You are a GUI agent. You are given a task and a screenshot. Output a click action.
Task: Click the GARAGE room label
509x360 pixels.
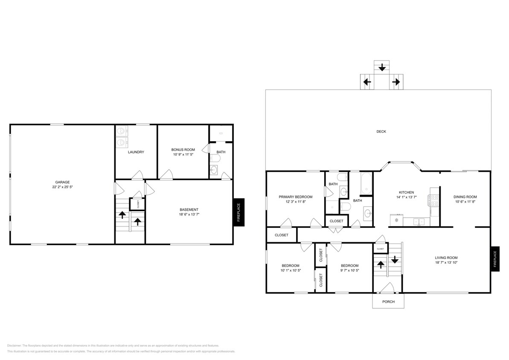[x=62, y=182]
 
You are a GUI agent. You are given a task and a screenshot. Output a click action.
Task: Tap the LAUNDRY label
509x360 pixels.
[x=136, y=152]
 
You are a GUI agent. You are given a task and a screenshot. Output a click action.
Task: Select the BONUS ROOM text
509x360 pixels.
[x=183, y=150]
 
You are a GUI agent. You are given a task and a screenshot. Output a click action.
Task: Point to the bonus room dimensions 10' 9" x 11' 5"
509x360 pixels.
[x=183, y=155]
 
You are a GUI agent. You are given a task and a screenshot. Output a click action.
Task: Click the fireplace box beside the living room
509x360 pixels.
[x=495, y=259]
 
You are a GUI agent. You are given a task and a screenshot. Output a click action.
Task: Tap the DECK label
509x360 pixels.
[x=381, y=131]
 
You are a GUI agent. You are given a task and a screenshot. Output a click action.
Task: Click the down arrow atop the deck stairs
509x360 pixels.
[x=382, y=67]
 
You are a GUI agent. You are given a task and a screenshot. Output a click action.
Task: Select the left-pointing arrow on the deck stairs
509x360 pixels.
[x=366, y=82]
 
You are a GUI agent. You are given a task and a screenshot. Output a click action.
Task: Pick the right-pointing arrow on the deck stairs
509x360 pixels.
[x=396, y=82]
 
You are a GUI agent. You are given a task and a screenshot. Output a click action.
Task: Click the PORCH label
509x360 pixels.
[x=388, y=302]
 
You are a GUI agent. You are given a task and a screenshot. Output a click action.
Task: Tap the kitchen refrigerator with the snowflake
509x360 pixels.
[x=396, y=221]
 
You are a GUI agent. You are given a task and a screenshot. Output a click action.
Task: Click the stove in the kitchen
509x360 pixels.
[x=434, y=199]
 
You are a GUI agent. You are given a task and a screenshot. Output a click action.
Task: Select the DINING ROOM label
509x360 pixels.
[x=465, y=197]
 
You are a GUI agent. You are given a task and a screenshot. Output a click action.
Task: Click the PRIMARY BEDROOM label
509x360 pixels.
[x=295, y=197]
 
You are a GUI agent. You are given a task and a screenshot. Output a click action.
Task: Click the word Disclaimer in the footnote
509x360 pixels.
[x=14, y=345]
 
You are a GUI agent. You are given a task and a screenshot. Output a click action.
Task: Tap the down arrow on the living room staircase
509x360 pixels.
[x=395, y=259]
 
